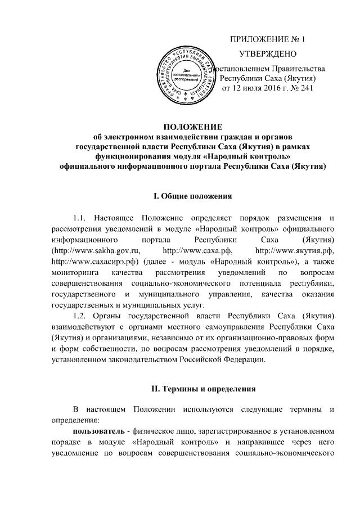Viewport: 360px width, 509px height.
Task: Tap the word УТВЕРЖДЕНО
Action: [x=268, y=55]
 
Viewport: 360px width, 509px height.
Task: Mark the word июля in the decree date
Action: [x=245, y=89]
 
